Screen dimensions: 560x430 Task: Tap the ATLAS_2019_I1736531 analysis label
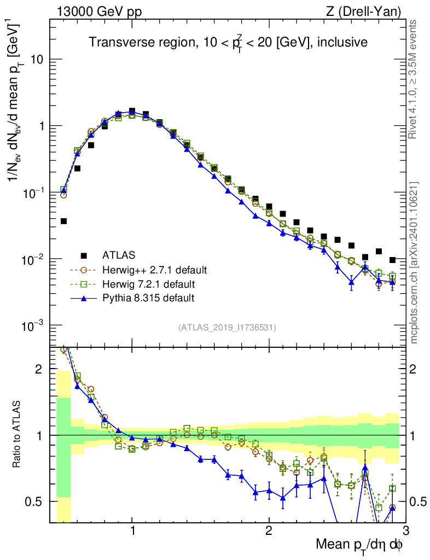coord(227,328)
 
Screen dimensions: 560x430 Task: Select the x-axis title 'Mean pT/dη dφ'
coord(360,544)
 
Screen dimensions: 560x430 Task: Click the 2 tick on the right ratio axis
coord(415,369)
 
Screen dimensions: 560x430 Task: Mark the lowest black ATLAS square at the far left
coord(63,221)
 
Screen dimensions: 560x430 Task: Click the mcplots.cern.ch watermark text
coord(415,262)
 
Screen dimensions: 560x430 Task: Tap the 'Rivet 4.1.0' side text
coord(415,79)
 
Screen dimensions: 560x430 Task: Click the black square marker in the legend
coord(84,255)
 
